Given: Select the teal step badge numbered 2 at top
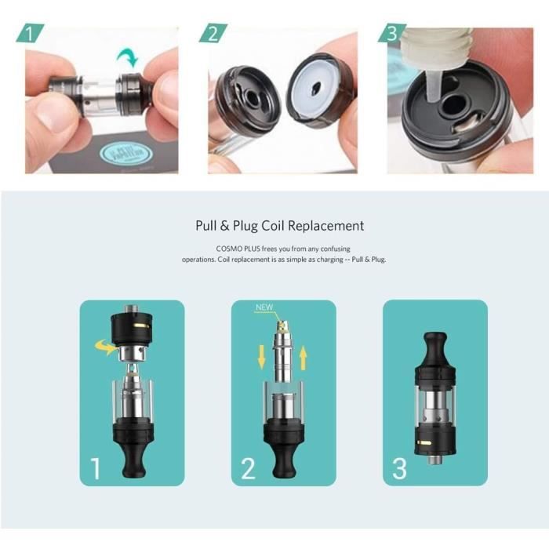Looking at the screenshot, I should pos(213,34).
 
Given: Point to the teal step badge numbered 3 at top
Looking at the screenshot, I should pos(391,34).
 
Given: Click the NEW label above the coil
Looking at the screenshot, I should pos(264,307).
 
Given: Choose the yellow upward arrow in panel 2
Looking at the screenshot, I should pos(304,358).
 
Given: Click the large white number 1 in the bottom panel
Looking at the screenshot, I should pos(96,468).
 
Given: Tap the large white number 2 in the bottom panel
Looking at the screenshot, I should pos(248,468).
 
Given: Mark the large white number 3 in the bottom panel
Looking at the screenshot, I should pos(399,468).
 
